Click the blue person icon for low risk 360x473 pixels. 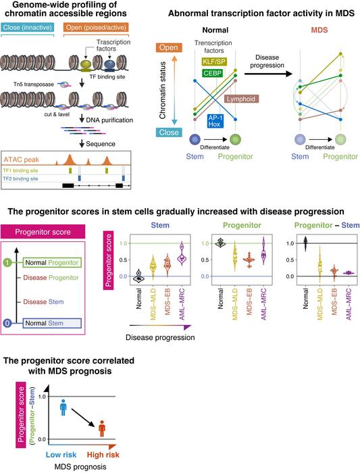[x=63, y=407]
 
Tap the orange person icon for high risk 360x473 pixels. [x=103, y=428]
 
